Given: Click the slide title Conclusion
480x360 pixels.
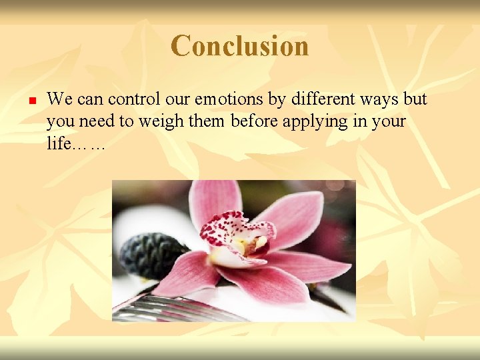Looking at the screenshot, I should click(239, 46).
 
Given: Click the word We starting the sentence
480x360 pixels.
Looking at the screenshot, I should click(60, 100).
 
